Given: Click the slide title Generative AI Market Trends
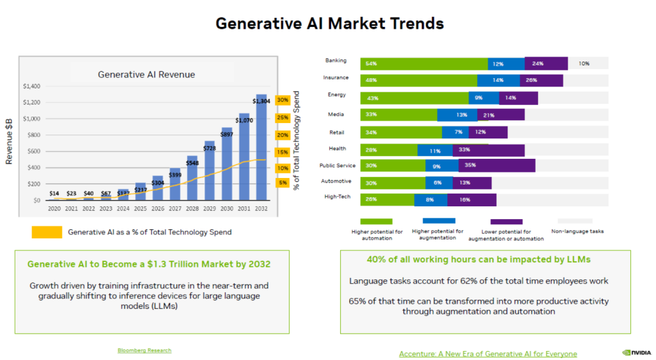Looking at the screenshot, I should point(329,23).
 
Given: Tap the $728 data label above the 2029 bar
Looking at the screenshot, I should point(209,148).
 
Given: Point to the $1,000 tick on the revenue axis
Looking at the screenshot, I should point(31,119).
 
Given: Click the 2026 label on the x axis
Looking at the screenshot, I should point(158,208).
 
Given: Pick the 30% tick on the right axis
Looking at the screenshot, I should point(283,101).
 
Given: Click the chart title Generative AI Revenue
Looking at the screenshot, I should point(146,74).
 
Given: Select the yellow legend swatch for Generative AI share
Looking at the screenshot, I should point(47,232).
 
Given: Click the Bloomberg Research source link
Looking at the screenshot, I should point(144,350).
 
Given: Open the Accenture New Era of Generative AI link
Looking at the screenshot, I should point(488,354).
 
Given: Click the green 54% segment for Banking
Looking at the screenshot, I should point(423,63).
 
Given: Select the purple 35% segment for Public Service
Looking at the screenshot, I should point(496,166).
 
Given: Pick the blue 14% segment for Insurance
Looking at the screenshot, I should point(498,81).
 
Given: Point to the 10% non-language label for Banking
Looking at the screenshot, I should point(584,63).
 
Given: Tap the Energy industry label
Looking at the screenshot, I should point(336,95).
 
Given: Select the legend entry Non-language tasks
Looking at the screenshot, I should point(577,231).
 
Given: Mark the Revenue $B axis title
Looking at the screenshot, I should point(10,140).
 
